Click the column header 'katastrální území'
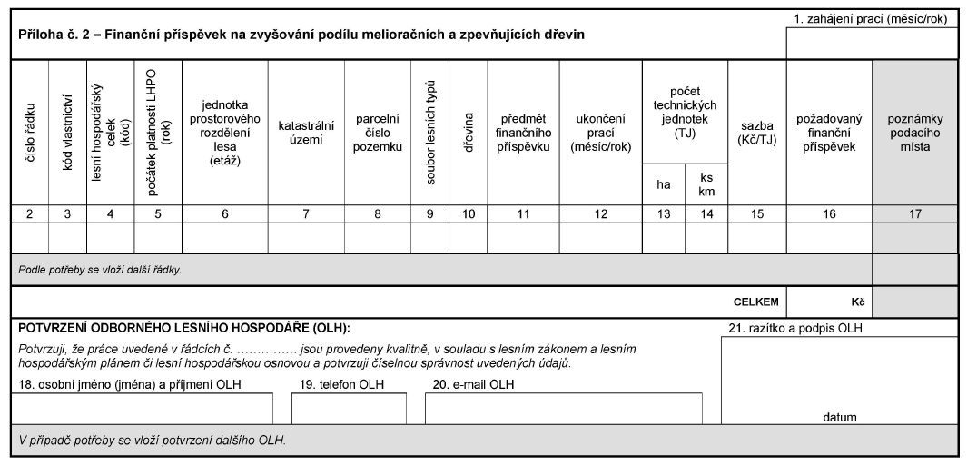pos(306,133)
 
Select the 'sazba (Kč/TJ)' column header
pos(756,133)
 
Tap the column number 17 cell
pos(914,214)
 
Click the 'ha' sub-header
pos(664,184)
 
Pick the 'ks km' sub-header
pos(706,184)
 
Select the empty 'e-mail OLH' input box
pos(563,409)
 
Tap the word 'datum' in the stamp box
pos(839,417)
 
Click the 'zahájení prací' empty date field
pos(872,43)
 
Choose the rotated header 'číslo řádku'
pos(30,133)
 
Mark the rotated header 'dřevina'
pos(469,133)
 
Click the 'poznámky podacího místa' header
pos(914,133)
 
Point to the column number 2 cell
pos(30,214)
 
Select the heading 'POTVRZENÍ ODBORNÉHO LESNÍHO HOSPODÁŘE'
pos(183,327)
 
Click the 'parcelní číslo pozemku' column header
pos(377,133)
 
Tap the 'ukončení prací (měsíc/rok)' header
pos(600,133)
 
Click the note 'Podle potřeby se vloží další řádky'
pos(100,270)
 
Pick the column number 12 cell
pos(600,214)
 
